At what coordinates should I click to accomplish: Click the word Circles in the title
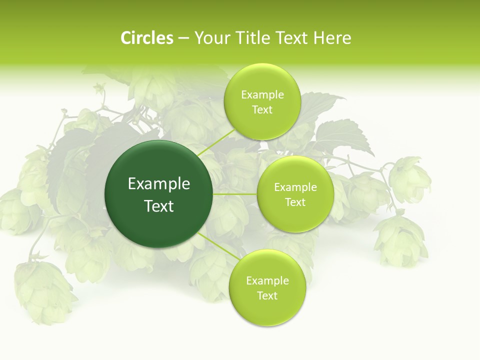point(146,38)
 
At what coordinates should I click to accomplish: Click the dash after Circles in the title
point(183,38)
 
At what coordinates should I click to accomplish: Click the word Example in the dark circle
point(159,184)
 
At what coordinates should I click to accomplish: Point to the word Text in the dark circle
point(159,206)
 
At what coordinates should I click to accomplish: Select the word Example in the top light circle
point(262,95)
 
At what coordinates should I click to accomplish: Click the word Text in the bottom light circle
point(267,295)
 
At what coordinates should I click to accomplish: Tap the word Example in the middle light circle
point(295,187)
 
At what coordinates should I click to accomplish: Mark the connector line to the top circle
point(216,142)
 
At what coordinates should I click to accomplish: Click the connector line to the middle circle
point(235,193)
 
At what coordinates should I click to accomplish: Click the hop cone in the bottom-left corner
point(45,290)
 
